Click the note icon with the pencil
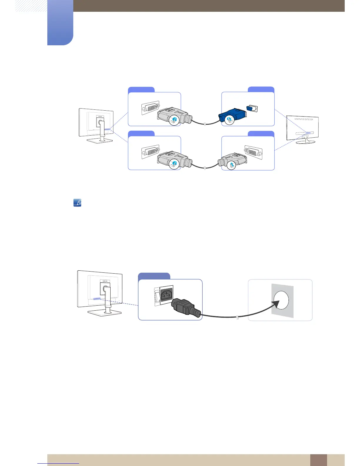pos(77,203)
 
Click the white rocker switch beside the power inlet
pos(157,296)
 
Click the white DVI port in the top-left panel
pos(151,108)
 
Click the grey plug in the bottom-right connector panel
pos(232,161)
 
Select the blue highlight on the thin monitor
pos(308,133)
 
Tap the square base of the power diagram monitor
pos(104,313)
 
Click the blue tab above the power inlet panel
pos(154,276)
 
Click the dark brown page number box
pos(318,460)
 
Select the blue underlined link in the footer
pos(58,463)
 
